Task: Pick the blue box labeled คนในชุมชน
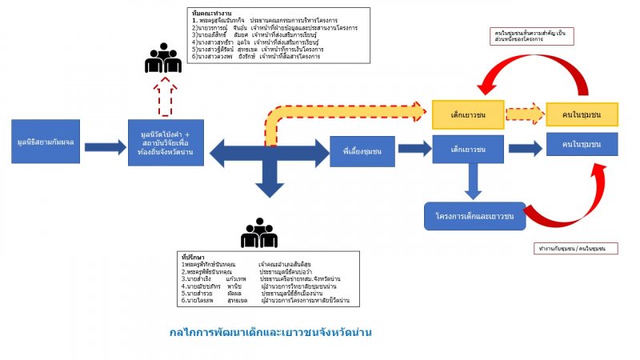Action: (582, 144)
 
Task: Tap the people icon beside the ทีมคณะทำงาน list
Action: (163, 58)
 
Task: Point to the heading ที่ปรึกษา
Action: (194, 256)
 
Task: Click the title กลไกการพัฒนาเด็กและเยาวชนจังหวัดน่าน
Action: (273, 331)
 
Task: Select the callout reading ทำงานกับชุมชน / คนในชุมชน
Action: (576, 249)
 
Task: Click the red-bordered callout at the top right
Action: (534, 35)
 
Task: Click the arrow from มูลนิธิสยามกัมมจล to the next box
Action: (105, 148)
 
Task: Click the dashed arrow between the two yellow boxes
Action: (524, 114)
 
